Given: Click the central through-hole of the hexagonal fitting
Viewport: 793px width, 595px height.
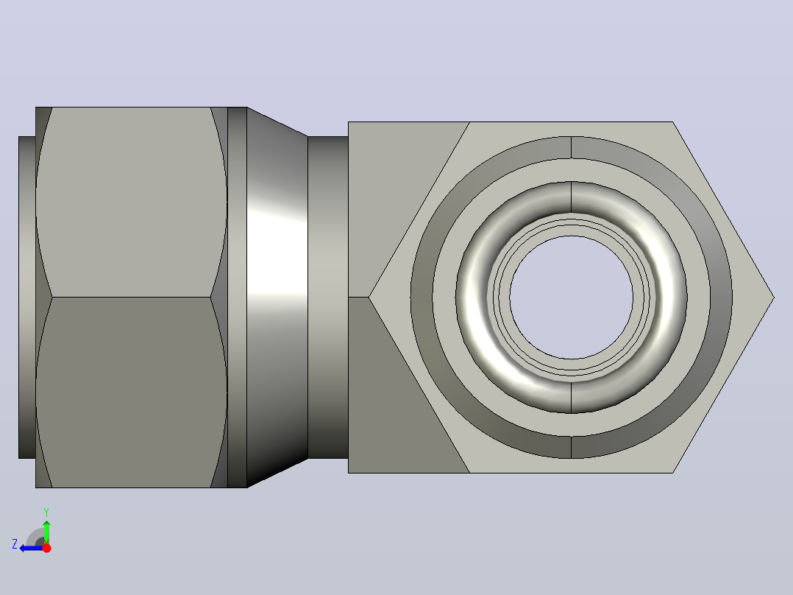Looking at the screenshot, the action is point(572,297).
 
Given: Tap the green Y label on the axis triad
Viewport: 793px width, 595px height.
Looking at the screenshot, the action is point(46,512).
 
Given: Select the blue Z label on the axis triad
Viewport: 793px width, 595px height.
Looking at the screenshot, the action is point(15,544).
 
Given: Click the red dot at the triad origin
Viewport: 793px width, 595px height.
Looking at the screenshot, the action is point(46,548).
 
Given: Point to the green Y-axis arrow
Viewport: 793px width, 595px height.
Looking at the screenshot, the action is point(46,532).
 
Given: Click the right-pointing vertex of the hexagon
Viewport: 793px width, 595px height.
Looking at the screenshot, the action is point(774,297).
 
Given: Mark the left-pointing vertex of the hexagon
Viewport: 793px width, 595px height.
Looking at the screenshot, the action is point(369,297).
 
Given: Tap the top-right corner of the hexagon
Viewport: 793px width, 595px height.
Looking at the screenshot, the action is point(672,122).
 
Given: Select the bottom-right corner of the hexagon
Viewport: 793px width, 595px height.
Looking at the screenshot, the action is point(672,473).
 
